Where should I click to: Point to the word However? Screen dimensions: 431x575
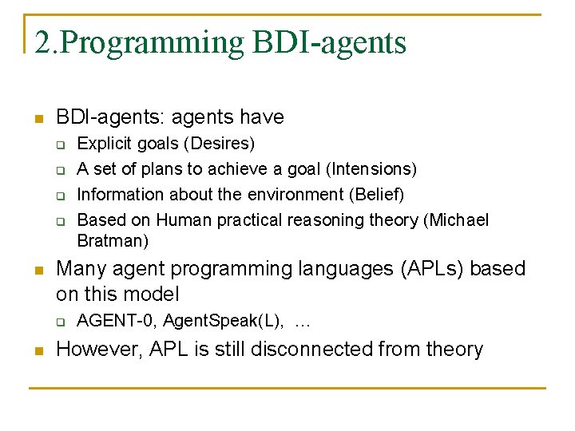coord(93,350)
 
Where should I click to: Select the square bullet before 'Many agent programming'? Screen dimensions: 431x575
coord(36,271)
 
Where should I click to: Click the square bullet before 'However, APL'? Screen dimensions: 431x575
coord(36,351)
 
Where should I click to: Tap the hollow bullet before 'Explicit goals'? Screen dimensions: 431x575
coord(59,144)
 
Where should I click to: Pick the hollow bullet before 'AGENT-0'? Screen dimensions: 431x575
coord(59,322)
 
